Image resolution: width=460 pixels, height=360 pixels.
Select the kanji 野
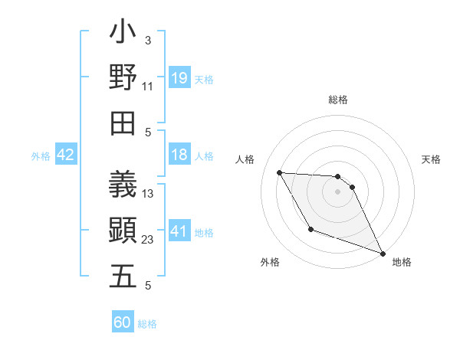[x=123, y=78]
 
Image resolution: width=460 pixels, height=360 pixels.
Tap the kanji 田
[x=123, y=123]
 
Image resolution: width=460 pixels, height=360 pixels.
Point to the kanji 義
[x=123, y=185]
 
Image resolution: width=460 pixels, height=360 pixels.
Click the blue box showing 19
[x=179, y=77]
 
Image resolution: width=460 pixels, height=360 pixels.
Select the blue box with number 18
[x=179, y=155]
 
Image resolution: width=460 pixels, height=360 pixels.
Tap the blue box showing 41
[x=179, y=231]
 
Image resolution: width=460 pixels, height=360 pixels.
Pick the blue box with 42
[x=66, y=155]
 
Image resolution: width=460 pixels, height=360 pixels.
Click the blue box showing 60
[x=123, y=322]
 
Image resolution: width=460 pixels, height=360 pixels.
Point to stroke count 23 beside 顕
[x=149, y=240]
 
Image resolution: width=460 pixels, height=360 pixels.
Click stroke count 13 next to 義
[x=149, y=194]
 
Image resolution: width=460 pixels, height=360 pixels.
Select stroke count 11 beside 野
[x=148, y=87]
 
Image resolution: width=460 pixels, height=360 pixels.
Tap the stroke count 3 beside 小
[x=148, y=40]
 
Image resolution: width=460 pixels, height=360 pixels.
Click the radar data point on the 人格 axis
[x=280, y=172]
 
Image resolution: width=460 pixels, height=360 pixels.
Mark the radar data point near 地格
[x=383, y=254]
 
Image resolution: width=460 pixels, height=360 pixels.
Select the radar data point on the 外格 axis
[x=310, y=229]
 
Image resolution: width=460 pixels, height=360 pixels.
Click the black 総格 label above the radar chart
[x=338, y=100]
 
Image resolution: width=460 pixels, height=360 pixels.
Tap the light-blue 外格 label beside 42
[x=41, y=156]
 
